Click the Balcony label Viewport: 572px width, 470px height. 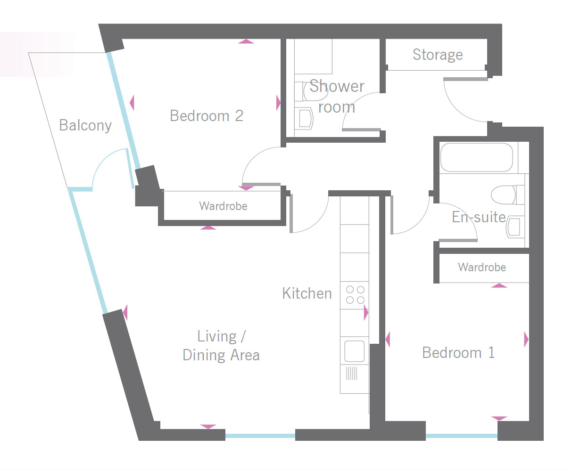point(85,125)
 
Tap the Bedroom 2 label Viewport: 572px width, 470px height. point(207,116)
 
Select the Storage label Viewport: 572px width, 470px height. point(438,55)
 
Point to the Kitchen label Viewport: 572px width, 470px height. point(307,293)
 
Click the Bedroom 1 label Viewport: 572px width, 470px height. point(458,353)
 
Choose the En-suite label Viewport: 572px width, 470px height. point(479,217)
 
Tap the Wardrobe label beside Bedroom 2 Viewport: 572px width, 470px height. point(223,206)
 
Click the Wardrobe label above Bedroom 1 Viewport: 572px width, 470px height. point(482,267)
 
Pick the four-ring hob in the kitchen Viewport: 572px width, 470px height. point(355,295)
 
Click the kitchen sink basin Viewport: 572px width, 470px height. point(354,351)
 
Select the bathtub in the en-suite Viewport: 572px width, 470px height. point(477,157)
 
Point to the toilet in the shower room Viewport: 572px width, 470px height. point(311,91)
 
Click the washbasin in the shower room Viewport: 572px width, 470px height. point(304,118)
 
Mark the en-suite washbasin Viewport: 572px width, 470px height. point(515,227)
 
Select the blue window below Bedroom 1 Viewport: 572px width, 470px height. point(461,436)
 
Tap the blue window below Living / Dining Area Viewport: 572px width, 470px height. point(260,436)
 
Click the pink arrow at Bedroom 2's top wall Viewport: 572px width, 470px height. point(246,41)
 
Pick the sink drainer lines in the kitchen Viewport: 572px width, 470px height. point(351,373)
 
